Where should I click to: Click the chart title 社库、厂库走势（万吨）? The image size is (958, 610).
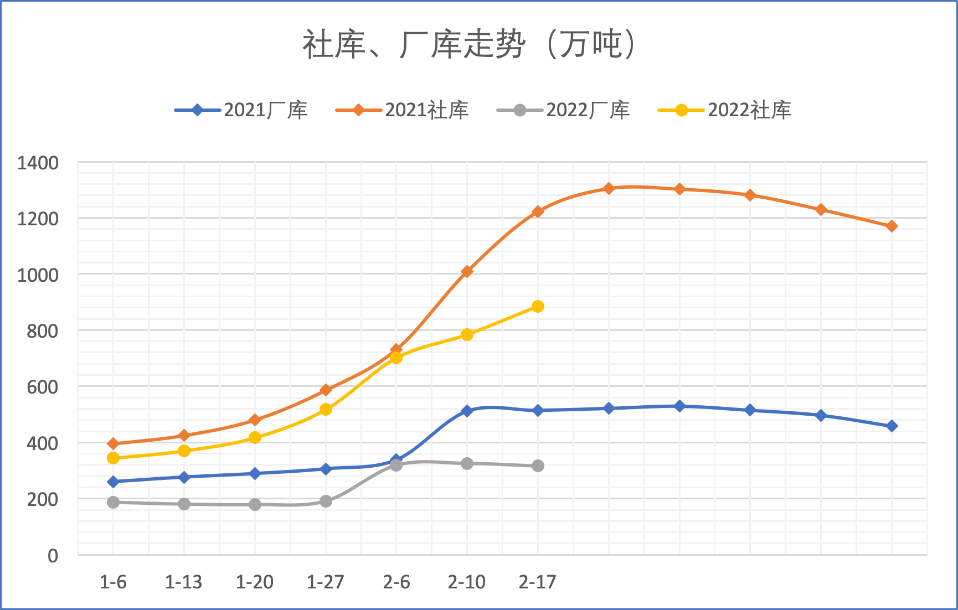pyautogui.click(x=469, y=44)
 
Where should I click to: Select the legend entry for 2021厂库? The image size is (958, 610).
pyautogui.click(x=241, y=110)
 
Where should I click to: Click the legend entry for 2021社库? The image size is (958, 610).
pyautogui.click(x=403, y=110)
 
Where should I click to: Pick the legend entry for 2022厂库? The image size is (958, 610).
pyautogui.click(x=564, y=110)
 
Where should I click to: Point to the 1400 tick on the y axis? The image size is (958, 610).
pyautogui.click(x=38, y=163)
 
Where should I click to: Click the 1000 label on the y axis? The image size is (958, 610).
pyautogui.click(x=38, y=275)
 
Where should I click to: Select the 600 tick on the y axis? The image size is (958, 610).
pyautogui.click(x=42, y=387)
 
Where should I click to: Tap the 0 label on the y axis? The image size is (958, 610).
pyautogui.click(x=53, y=555)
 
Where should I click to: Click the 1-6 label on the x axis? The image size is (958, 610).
pyautogui.click(x=113, y=582)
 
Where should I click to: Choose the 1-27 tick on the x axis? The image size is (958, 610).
pyautogui.click(x=326, y=582)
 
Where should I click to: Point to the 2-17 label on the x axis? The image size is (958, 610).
pyautogui.click(x=537, y=582)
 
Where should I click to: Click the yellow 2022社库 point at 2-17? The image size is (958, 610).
pyautogui.click(x=538, y=307)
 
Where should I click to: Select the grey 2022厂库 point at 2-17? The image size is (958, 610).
pyautogui.click(x=538, y=466)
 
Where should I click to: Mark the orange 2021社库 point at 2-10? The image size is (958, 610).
pyautogui.click(x=467, y=271)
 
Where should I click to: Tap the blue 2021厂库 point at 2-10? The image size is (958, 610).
pyautogui.click(x=467, y=411)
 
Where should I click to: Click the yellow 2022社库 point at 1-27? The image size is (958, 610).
pyautogui.click(x=326, y=410)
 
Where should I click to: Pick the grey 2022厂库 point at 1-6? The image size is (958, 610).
pyautogui.click(x=113, y=503)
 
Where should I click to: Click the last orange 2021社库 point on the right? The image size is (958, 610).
pyautogui.click(x=892, y=226)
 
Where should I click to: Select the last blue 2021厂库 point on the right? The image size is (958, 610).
pyautogui.click(x=892, y=426)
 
